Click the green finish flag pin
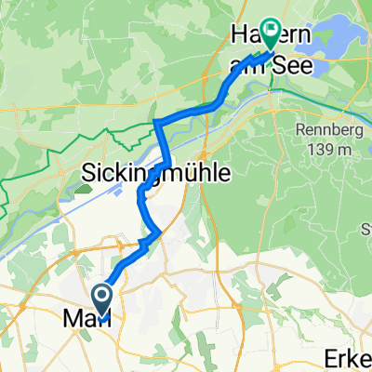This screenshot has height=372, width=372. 271,33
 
